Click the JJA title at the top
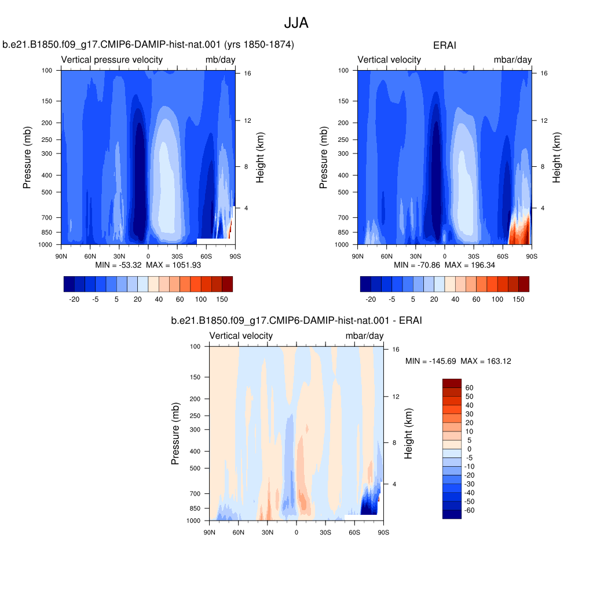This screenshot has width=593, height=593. click(296, 23)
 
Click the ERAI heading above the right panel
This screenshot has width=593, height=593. click(444, 45)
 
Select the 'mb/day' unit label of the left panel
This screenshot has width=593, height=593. click(221, 60)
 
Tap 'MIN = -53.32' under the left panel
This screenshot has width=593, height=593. click(118, 265)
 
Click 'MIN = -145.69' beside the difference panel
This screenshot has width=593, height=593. click(431, 361)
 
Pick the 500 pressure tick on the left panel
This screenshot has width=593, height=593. click(47, 192)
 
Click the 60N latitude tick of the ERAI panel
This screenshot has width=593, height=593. click(386, 257)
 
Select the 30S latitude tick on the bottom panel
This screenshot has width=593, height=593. click(325, 533)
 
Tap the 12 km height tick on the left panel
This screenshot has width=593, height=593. click(247, 120)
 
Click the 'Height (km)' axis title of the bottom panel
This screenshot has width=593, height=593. click(408, 433)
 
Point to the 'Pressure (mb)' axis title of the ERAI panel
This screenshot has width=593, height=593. click(323, 158)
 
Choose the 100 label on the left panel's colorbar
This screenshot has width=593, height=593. click(201, 299)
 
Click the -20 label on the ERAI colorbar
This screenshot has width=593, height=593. click(371, 299)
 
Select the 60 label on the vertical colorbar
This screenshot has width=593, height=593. click(469, 387)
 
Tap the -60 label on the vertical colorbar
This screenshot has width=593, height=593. click(469, 510)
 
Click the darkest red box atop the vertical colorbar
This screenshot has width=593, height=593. click(452, 383)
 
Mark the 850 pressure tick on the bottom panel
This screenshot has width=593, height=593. click(195, 508)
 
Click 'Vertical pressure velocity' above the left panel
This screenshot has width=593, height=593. click(112, 60)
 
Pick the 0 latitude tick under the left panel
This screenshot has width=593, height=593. click(148, 257)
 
